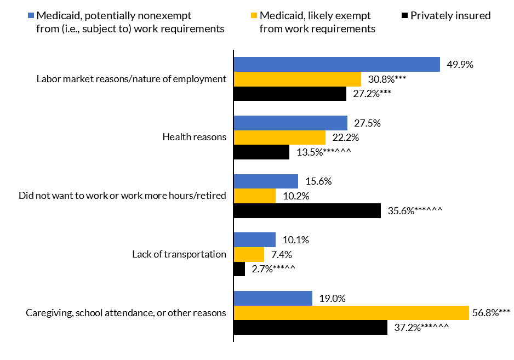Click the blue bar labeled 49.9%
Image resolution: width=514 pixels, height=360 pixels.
[337, 64]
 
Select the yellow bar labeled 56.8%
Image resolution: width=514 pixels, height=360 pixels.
[351, 313]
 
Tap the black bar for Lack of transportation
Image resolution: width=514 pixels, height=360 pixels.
[239, 269]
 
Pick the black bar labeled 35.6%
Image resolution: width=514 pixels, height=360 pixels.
[307, 210]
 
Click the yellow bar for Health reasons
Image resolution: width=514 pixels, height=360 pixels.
[279, 138]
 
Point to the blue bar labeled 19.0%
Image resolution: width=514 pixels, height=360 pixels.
[273, 298]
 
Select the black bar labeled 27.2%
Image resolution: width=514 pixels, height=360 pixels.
[290, 94]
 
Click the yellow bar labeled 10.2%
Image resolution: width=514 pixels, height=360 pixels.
[255, 196]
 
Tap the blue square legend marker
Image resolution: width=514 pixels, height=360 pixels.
[31, 15]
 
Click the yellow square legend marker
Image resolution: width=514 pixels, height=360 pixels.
[254, 15]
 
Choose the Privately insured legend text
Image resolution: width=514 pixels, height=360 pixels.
[450, 15]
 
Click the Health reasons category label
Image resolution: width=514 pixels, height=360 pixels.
[195, 137]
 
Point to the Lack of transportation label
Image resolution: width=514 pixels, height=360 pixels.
[179, 254]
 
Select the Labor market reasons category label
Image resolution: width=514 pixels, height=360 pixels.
[132, 79]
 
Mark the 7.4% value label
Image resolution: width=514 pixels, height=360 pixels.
[281, 254]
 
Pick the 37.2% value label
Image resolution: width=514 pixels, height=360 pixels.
[421, 328]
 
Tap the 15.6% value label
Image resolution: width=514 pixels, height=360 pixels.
[319, 181]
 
